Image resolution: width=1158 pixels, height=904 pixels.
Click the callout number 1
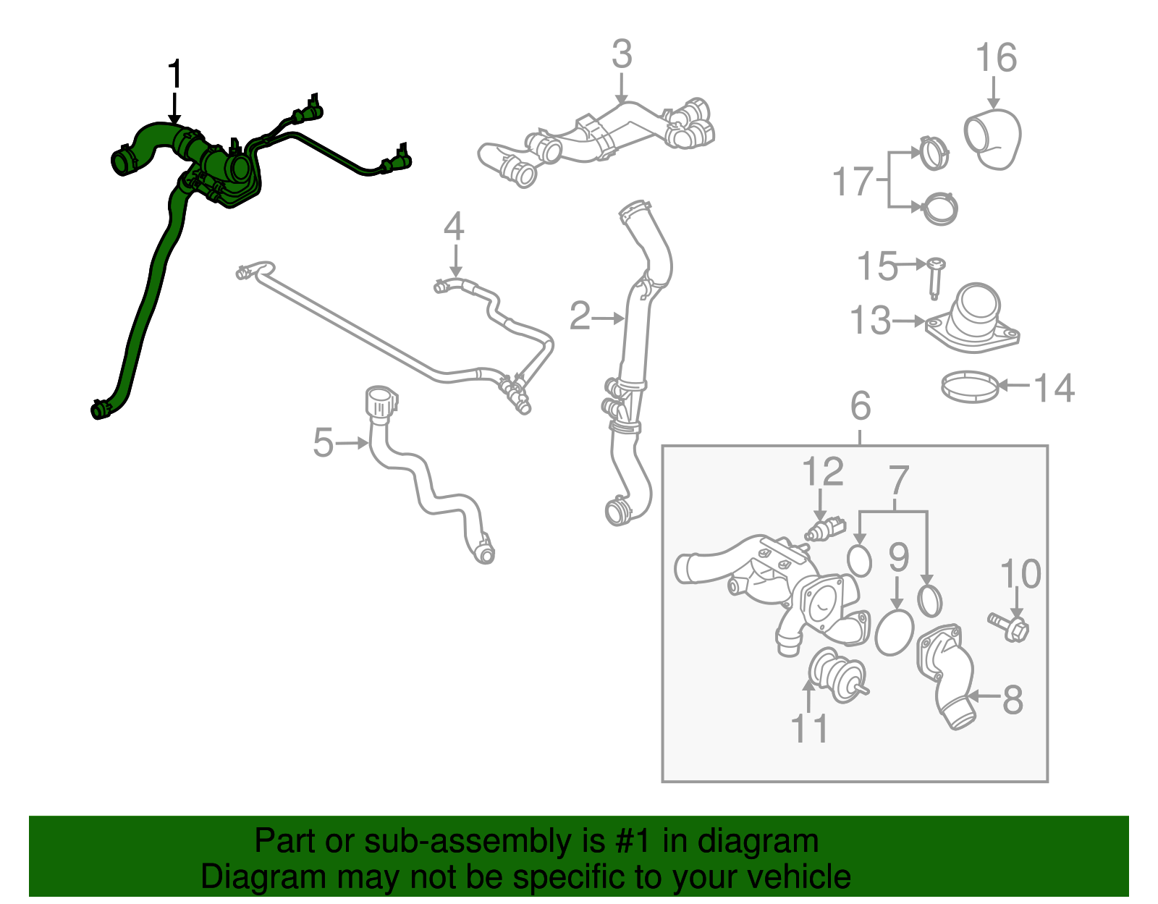pyautogui.click(x=175, y=74)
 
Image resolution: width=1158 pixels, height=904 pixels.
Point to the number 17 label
pyautogui.click(x=853, y=181)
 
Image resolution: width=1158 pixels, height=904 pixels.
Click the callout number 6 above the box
pyautogui.click(x=861, y=405)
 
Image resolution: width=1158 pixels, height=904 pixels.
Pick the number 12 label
pyautogui.click(x=823, y=471)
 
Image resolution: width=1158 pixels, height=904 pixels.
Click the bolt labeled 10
pyautogui.click(x=1009, y=628)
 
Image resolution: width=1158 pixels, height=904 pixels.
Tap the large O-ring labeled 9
pyautogui.click(x=895, y=633)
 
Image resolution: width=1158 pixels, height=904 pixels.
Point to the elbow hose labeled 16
pyautogui.click(x=992, y=140)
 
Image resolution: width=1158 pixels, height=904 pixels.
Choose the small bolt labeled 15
pyautogui.click(x=935, y=279)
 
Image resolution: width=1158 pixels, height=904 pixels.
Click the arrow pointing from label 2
pyautogui.click(x=608, y=318)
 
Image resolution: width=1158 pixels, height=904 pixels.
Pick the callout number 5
pyautogui.click(x=323, y=443)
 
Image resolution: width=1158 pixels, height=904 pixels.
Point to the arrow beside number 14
pyautogui.click(x=1013, y=384)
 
